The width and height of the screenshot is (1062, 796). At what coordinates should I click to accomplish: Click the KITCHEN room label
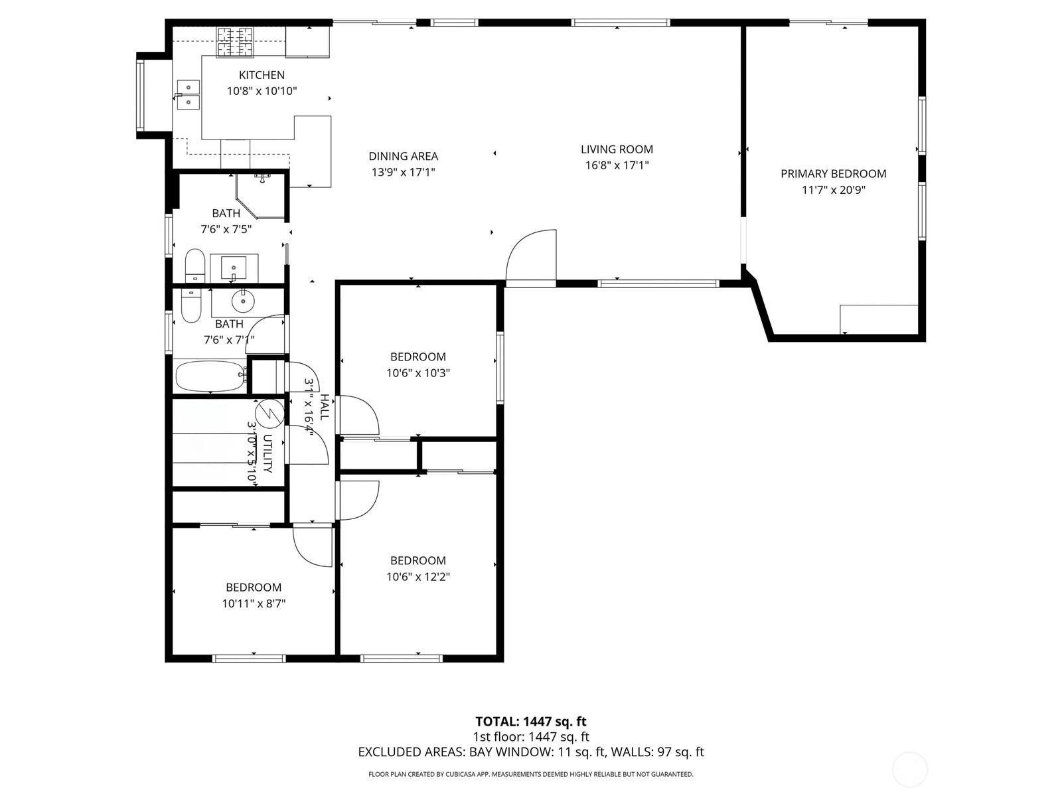pos(262,75)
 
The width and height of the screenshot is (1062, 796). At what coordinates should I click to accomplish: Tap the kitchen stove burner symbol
pos(235,42)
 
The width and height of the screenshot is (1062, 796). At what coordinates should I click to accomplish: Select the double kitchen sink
pos(188,94)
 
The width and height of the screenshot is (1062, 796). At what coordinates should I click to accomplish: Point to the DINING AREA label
pos(403,156)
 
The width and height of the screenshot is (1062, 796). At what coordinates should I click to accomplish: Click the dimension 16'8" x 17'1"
pos(617,165)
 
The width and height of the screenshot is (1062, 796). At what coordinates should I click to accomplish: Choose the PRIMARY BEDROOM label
pos(833,174)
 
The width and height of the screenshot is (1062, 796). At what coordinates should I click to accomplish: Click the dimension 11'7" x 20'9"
pos(833,190)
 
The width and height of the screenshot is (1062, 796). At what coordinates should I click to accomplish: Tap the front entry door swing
pos(531,256)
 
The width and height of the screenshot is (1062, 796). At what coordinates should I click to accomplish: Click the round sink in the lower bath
pos(242,302)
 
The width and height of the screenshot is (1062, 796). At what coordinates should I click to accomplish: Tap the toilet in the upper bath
pos(195,265)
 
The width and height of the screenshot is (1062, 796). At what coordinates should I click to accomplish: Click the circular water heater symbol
pos(269,413)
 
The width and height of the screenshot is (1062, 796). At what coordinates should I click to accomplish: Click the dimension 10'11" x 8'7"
pos(254,603)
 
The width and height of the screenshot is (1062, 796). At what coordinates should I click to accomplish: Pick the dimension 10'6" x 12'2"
pos(418,577)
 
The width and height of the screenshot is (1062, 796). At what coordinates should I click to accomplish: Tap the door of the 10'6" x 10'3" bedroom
pos(358,415)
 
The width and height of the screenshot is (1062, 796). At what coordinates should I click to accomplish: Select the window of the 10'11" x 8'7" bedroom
pos(249,659)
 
